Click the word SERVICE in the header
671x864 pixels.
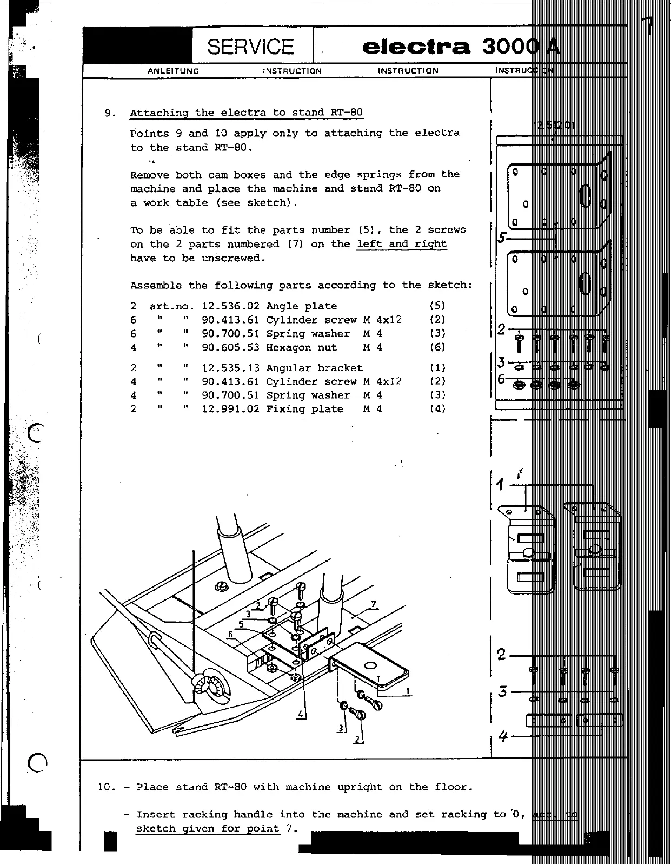[250, 47]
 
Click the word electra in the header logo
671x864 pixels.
[416, 47]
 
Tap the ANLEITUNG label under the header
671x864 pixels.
[173, 71]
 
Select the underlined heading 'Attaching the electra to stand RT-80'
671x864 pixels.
[246, 113]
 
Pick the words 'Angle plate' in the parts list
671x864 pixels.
[301, 306]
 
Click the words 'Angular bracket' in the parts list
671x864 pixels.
[314, 368]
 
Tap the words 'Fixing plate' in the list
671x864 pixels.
[304, 410]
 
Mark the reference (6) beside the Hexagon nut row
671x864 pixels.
[437, 348]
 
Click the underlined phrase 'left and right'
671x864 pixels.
[402, 244]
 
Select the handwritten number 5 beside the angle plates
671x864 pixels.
[502, 237]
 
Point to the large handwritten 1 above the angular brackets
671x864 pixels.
[501, 485]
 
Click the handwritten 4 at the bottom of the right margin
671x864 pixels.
[503, 736]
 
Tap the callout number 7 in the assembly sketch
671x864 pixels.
[373, 604]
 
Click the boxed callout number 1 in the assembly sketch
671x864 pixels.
[407, 691]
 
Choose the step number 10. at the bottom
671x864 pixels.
[107, 787]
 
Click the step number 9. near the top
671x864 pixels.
[110, 113]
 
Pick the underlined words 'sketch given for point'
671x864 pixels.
[208, 829]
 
